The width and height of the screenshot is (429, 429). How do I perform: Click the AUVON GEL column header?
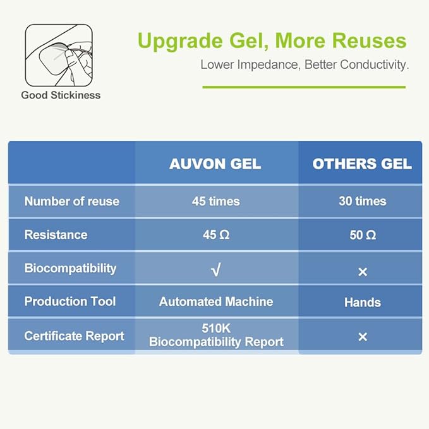pos(215,164)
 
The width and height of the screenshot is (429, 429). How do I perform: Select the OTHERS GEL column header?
pos(362,164)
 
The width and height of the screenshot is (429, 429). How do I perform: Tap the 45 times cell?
pos(215,202)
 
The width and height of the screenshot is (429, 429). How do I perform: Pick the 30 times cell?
pos(362,202)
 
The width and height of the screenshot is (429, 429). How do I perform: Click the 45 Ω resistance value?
pos(215,235)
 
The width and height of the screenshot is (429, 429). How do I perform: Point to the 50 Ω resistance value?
pos(362,235)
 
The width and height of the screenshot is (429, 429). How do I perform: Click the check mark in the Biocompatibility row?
pos(215,270)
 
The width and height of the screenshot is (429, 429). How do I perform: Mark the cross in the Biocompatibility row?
pos(363,272)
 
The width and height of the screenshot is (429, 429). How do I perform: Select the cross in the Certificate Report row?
pos(363,337)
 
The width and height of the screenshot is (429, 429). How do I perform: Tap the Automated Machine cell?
pos(215,301)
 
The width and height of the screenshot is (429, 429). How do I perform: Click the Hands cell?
pos(362,303)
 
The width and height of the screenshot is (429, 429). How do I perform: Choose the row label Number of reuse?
pos(71,202)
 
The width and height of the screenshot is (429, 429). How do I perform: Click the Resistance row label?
pos(56,235)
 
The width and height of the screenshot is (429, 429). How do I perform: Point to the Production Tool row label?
pos(69,301)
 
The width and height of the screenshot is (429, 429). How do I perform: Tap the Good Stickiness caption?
pos(61,95)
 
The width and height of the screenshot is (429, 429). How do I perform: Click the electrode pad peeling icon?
pos(59,55)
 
